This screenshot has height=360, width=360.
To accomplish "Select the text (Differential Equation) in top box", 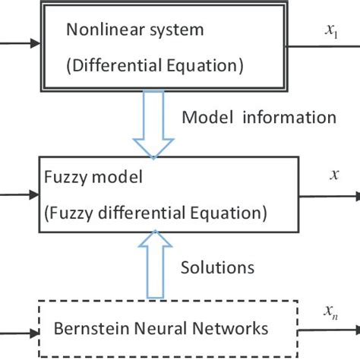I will tap(155, 65).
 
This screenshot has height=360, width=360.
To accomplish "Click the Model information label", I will tap(259, 117).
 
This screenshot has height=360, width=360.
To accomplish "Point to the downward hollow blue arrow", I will tap(154, 125).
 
